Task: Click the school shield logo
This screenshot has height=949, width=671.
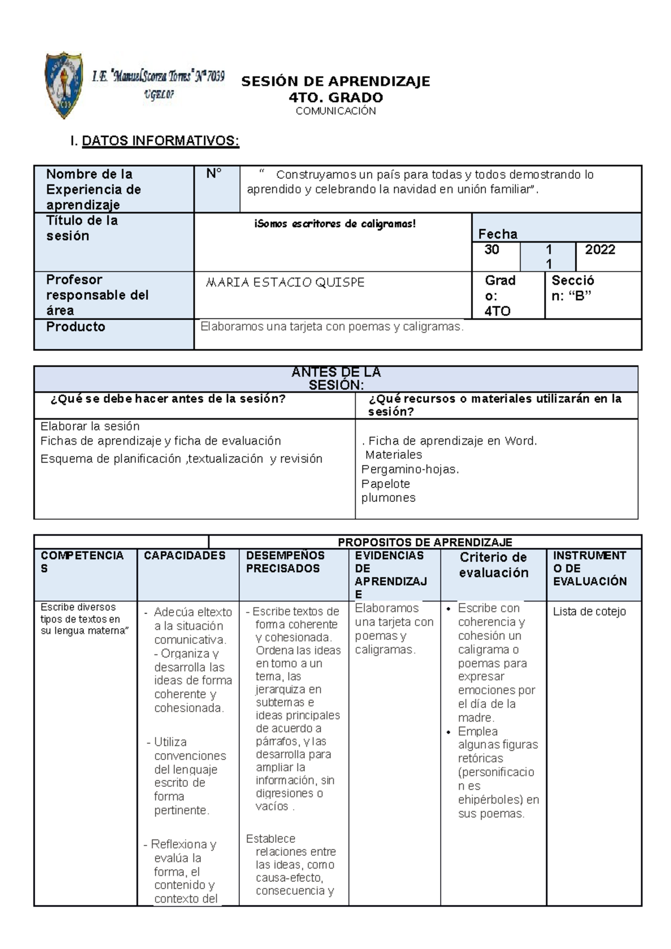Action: (64, 85)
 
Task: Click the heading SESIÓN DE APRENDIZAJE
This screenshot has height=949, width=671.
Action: (335, 82)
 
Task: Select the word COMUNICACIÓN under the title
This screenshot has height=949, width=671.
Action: (335, 111)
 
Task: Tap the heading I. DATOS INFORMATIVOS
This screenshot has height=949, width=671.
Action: (155, 141)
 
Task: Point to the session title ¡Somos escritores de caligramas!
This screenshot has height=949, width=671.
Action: (335, 224)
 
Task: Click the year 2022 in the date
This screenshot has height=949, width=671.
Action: (600, 250)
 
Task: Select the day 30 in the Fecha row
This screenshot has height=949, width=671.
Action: (492, 250)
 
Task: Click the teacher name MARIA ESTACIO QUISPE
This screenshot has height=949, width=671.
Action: (285, 283)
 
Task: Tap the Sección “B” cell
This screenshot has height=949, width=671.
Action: (573, 288)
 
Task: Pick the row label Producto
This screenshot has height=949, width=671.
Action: (75, 327)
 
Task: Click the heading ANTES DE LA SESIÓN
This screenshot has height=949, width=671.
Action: (335, 378)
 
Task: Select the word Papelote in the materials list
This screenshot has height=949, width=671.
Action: (386, 484)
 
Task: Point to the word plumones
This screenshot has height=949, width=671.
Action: (389, 498)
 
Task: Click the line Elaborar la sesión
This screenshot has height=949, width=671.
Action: (90, 426)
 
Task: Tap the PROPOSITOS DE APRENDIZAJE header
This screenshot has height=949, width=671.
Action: (425, 542)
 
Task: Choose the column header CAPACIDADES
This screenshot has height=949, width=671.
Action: (185, 556)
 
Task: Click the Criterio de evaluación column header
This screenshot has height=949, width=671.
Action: (493, 565)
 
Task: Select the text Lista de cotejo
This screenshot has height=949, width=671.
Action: (589, 611)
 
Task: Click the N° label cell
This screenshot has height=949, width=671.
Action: (214, 174)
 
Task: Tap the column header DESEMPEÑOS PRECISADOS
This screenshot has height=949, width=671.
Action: (285, 562)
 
